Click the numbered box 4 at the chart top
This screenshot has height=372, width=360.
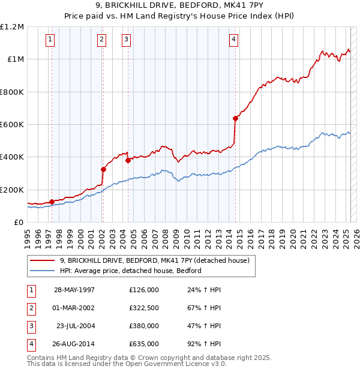pos(233,40)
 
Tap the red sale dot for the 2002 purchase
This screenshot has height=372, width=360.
pos(103,169)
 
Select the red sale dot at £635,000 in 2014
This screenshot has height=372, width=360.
pos(236,118)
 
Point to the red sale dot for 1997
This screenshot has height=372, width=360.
pos(52,202)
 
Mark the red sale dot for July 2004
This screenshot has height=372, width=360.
pos(128,160)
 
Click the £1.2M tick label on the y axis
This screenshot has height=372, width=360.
pos(12,27)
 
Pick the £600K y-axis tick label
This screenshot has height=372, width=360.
pos(12,125)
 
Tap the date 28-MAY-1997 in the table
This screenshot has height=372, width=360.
pos(74,289)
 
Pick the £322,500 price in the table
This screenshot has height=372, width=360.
pos(144,307)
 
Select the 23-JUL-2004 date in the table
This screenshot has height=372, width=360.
pos(74,326)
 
